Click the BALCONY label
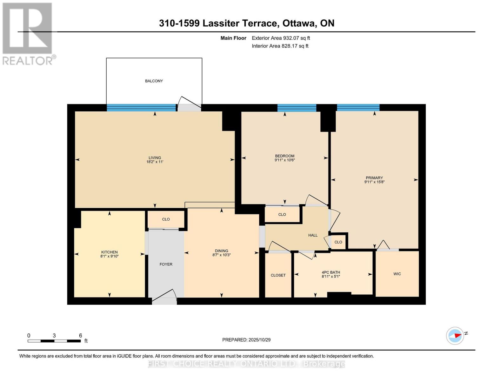154,81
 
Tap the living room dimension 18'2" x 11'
155,162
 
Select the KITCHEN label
109,252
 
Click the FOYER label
166,264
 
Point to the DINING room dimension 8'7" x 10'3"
221,255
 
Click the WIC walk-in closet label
397,274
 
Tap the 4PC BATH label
331,272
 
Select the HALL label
313,235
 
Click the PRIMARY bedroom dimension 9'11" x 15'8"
374,182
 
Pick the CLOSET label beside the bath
278,275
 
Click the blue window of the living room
141,108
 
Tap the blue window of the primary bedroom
358,108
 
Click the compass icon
455,336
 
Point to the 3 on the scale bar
54,336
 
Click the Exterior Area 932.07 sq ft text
281,38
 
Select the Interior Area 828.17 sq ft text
280,46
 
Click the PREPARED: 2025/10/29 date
246,340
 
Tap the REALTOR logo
28,33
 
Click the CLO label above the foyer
166,219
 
